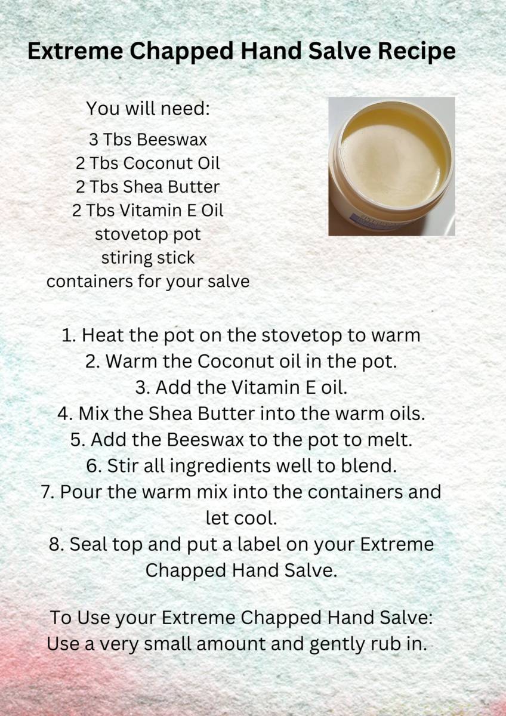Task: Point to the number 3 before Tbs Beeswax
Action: coord(94,140)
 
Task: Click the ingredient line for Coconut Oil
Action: coord(148,163)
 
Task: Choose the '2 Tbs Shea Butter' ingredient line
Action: coord(148,187)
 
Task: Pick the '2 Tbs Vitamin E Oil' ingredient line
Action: coord(148,211)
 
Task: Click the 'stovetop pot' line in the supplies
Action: coord(148,234)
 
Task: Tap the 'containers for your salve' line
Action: coord(148,282)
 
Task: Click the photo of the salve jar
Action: coord(391,166)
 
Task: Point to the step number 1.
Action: coord(67,335)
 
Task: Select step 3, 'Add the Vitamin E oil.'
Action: coord(241,388)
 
